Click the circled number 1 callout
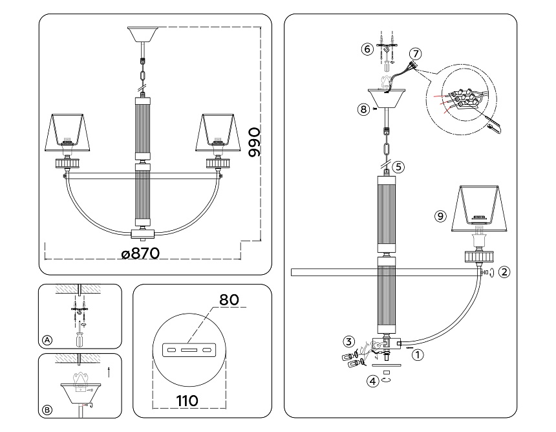click(x=418, y=354)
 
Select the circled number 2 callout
click(x=505, y=272)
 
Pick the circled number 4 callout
click(x=372, y=382)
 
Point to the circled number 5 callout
click(x=398, y=166)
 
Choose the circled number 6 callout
click(x=367, y=49)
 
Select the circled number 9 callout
click(x=440, y=217)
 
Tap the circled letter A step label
click(x=47, y=340)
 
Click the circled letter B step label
click(x=47, y=409)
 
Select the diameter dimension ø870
click(x=140, y=254)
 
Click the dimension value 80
click(x=229, y=300)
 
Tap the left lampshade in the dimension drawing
click(x=70, y=131)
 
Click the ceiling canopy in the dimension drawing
click(x=144, y=36)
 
